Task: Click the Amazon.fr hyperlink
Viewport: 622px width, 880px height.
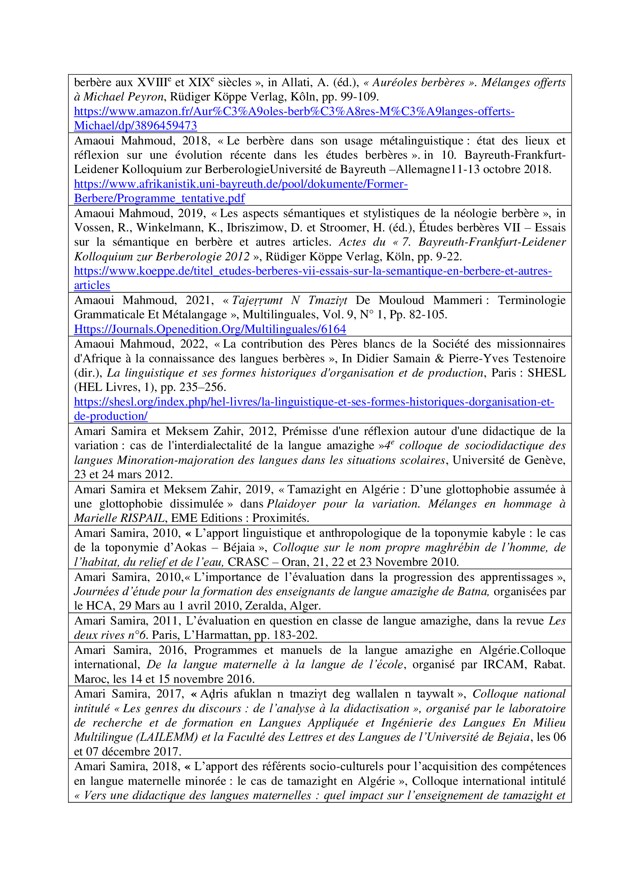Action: (294, 111)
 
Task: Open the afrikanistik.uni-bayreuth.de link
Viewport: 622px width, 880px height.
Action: (241, 184)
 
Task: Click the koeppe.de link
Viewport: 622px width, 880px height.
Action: (313, 271)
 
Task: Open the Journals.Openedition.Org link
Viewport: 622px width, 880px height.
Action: (210, 329)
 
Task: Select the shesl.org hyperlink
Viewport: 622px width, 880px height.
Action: (314, 402)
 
